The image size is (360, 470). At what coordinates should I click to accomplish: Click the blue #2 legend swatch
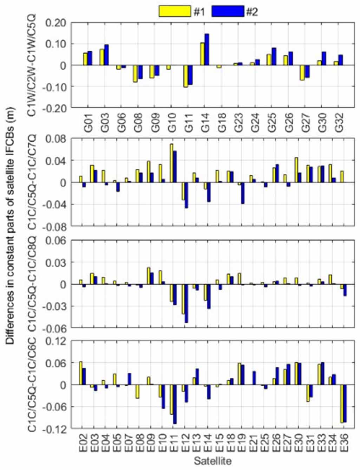point(227,11)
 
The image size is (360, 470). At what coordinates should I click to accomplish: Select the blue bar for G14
point(207,50)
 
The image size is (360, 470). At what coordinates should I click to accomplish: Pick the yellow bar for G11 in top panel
point(186,76)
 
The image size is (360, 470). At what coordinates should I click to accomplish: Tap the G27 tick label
point(305,123)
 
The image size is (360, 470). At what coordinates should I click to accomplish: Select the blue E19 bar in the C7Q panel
point(242,193)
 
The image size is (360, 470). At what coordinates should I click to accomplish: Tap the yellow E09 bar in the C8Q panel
point(149,276)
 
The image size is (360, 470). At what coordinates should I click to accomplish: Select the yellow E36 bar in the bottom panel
point(341,404)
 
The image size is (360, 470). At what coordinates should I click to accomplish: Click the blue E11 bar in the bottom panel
point(175,404)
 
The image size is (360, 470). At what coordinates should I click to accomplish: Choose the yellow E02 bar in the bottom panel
point(80,373)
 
